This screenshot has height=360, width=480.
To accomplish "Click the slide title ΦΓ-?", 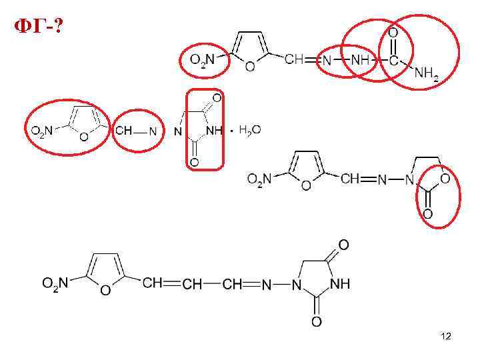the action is coord(38,27).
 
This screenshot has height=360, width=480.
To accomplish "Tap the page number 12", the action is coord(446,337).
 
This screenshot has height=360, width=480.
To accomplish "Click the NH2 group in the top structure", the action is coord(426,75).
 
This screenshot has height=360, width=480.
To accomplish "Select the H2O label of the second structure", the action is coord(249,131).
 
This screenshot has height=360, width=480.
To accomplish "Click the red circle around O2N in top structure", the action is coord(204,61).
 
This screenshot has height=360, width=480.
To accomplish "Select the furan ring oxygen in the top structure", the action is coord(249,67).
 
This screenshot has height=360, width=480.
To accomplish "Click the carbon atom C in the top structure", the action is coord(394,60).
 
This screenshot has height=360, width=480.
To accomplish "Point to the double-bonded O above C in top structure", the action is coord(393,31).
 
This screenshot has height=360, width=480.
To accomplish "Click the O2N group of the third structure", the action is coord(259,179).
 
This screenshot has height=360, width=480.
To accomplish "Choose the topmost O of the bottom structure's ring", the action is coord(343,246).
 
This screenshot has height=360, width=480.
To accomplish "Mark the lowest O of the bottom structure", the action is coord(317,322).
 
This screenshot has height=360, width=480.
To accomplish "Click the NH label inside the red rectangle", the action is coord(213,131).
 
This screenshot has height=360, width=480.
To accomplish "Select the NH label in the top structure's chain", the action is coord(360,60).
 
